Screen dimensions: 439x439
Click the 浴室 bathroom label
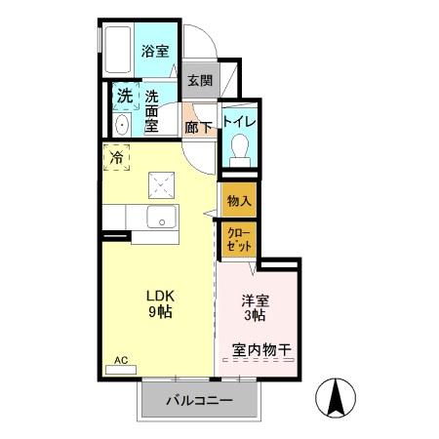click(x=153, y=52)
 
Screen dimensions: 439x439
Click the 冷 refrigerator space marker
click(x=117, y=156)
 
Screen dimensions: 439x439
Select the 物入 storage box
click(x=239, y=201)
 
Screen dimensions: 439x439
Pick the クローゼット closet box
click(x=239, y=240)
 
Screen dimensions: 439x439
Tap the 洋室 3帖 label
click(x=255, y=308)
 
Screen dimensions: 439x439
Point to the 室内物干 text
click(x=261, y=349)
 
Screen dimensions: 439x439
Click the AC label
click(x=122, y=361)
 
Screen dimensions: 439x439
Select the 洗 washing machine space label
click(x=125, y=97)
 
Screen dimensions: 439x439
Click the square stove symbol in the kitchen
click(x=160, y=183)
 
